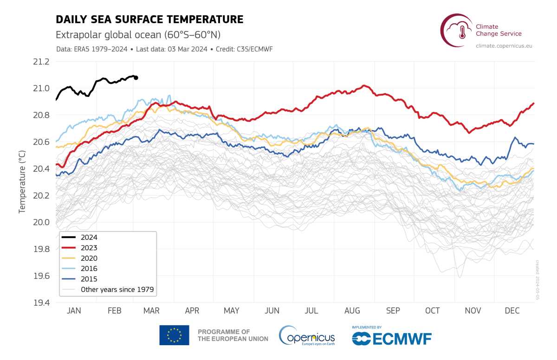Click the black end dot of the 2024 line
click(x=136, y=78)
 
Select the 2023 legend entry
click(x=79, y=248)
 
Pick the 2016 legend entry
click(x=79, y=269)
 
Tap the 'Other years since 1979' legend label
click(x=117, y=289)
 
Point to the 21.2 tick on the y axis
click(x=41, y=62)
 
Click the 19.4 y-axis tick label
click(x=41, y=303)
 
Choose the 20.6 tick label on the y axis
click(x=41, y=142)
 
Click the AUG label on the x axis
click(x=352, y=311)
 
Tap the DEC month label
click(x=512, y=311)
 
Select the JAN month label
click(x=74, y=311)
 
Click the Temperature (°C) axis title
click(x=22, y=182)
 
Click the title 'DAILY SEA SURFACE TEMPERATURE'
click(x=149, y=19)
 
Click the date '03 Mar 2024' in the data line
click(x=188, y=49)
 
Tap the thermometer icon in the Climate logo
click(x=462, y=32)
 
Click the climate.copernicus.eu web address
click(x=504, y=46)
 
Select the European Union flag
click(x=175, y=335)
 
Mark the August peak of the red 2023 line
click(x=364, y=86)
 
